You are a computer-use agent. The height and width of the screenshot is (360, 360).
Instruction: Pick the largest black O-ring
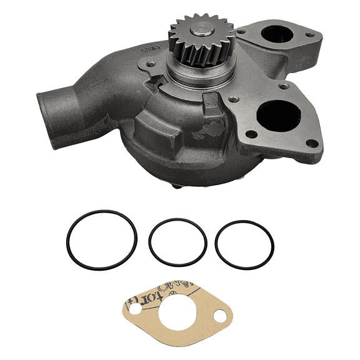pos(101,240)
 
